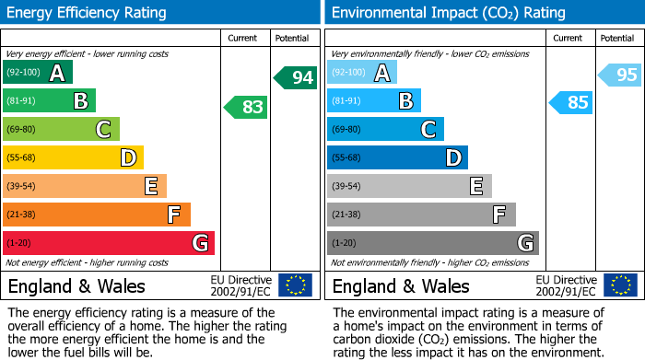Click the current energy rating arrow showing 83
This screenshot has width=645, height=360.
(247, 108)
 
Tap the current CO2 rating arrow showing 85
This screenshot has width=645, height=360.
(571, 102)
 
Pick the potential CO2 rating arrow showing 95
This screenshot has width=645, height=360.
(621, 75)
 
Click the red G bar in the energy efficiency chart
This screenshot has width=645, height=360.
(109, 243)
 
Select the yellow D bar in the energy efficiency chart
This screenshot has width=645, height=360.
(74, 158)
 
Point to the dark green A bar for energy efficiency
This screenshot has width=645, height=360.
(38, 73)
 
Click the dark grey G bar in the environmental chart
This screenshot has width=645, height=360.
(433, 243)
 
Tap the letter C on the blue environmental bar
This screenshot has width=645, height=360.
(428, 130)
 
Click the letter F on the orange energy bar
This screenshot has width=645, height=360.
(173, 215)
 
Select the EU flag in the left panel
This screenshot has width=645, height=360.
(295, 285)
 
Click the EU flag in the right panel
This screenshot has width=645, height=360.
(619, 285)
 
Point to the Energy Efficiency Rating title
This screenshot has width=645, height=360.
(88, 13)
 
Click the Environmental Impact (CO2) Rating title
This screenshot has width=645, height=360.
(448, 13)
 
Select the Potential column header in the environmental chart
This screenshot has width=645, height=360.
(616, 38)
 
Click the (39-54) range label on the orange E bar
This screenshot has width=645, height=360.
(22, 187)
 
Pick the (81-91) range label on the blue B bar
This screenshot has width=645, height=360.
(346, 101)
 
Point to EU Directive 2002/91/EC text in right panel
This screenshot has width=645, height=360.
(567, 285)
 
